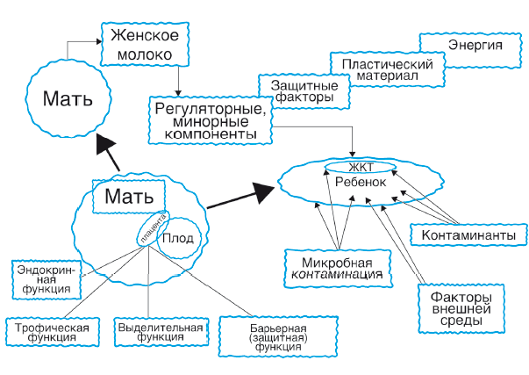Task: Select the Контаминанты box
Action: point(468,236)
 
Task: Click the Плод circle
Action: point(181,238)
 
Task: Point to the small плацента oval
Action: point(149,230)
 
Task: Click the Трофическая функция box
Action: point(52,335)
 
